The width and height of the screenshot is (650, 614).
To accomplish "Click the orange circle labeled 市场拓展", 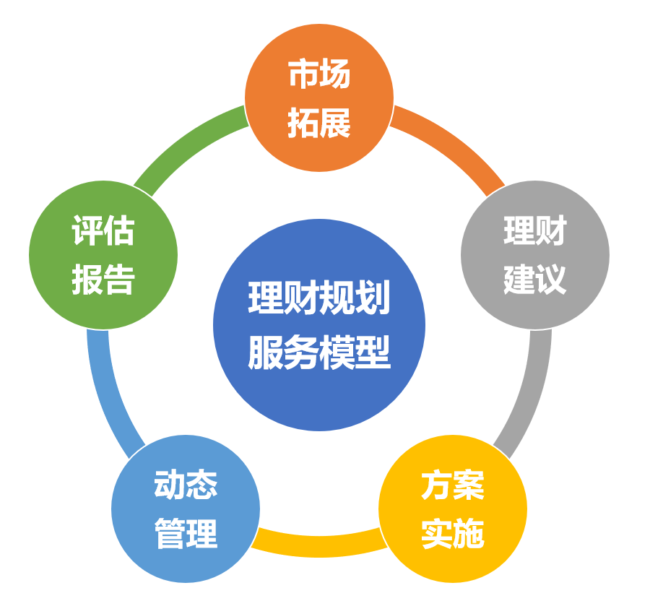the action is [x=319, y=98].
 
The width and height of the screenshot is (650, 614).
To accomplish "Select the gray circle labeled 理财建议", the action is [x=535, y=255].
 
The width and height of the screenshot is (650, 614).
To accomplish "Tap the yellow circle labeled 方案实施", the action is [x=453, y=509].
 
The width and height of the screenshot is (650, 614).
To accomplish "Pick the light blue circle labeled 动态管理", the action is [x=186, y=509].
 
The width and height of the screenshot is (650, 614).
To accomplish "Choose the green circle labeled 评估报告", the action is [x=103, y=255].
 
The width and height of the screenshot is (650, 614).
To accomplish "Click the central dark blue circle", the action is [x=319, y=324].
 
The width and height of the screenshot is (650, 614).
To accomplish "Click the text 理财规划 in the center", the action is [x=319, y=298].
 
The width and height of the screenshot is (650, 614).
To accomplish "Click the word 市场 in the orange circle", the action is [x=319, y=74].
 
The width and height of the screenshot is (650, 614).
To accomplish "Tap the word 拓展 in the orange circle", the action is [x=319, y=123].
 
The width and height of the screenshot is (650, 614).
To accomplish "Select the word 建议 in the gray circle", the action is [x=535, y=279].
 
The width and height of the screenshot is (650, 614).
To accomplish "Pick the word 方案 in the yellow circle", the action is [x=453, y=485].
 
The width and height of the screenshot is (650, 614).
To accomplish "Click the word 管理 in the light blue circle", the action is [x=186, y=534].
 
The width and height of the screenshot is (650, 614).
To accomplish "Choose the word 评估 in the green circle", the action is [x=103, y=230].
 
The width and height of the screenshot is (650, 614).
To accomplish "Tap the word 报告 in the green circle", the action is [x=103, y=280].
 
